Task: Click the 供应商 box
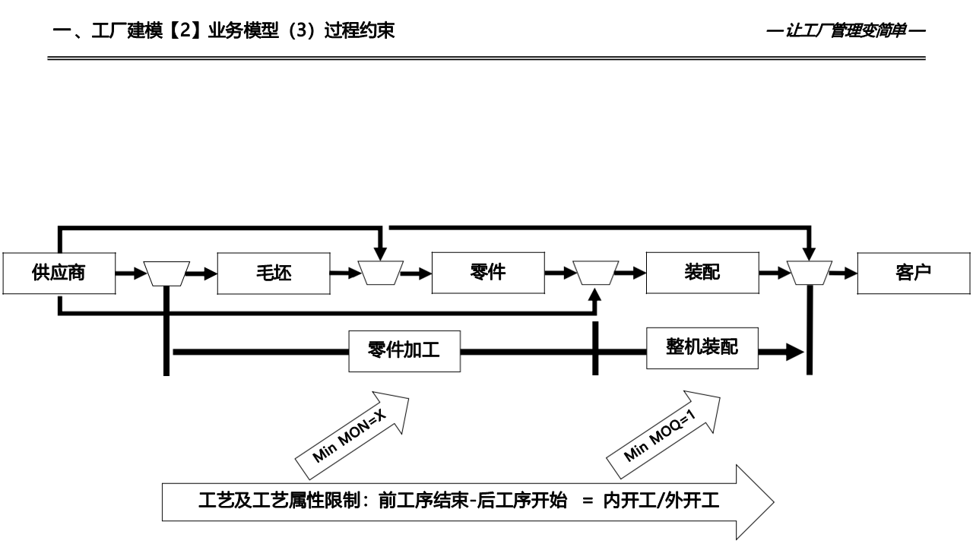59,273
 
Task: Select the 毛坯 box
273,273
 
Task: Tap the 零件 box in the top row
487,273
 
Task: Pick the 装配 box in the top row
702,273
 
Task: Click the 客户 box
914,273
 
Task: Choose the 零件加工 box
404,350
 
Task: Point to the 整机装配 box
702,347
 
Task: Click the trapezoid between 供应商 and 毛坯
166,273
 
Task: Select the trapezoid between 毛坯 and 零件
381,273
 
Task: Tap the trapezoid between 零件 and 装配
595,273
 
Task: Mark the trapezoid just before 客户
809,273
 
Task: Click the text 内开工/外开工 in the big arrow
661,502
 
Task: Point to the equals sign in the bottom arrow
586,502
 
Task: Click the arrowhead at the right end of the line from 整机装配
794,352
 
